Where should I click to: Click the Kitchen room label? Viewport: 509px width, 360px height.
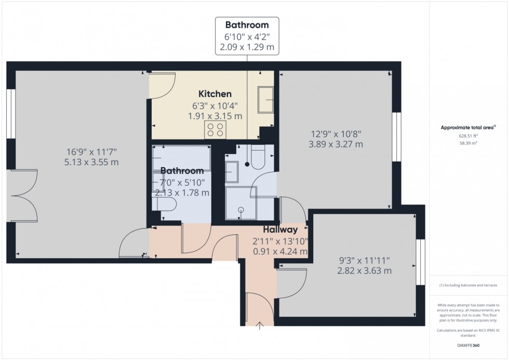[x=215, y=94]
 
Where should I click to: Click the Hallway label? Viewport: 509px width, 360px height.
[x=280, y=229]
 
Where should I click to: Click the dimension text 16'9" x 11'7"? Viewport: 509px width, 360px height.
[x=92, y=152]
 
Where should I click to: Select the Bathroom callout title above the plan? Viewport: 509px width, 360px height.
[x=247, y=25]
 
